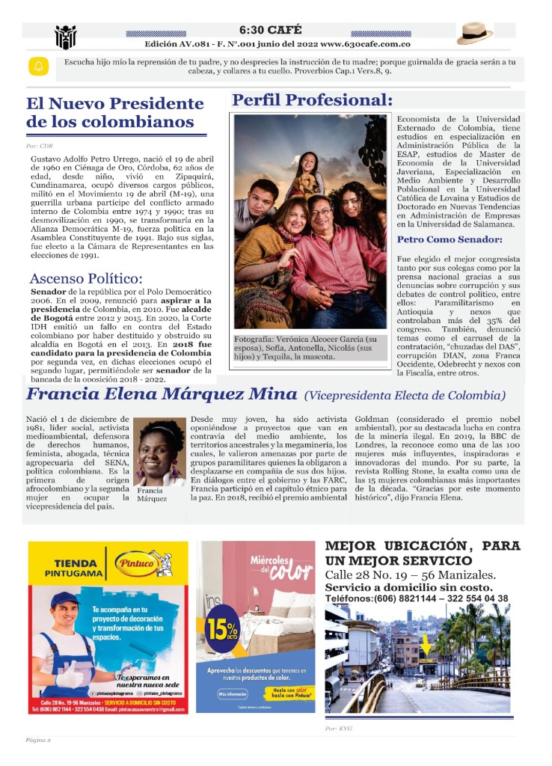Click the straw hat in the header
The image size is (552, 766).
[x=475, y=33]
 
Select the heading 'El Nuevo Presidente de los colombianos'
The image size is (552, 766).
[x=114, y=112]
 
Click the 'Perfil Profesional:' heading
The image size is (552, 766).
[x=312, y=100]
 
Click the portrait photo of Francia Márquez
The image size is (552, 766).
[x=162, y=452]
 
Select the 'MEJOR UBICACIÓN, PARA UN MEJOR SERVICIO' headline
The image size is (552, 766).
[x=423, y=554]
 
